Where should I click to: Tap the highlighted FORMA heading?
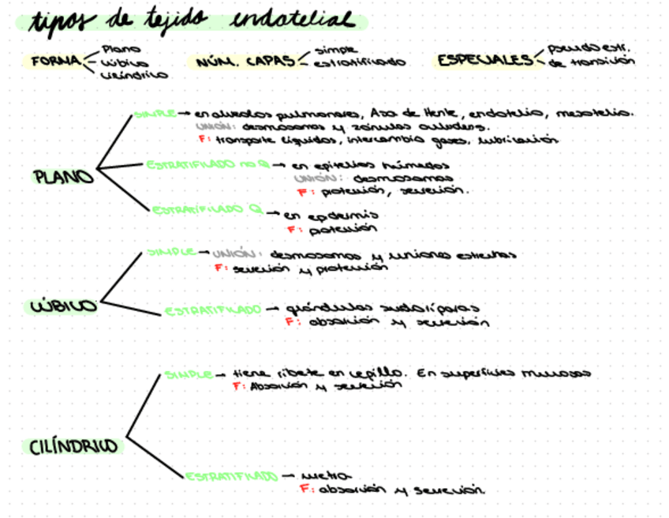pos(55,61)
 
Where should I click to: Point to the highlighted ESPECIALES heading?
pos(485,60)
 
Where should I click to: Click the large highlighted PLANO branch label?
pos(63,176)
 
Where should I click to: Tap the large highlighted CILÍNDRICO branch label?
pos(73,447)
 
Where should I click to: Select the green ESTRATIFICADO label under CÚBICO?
pos(213,310)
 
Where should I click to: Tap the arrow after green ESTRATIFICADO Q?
pos(272,212)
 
